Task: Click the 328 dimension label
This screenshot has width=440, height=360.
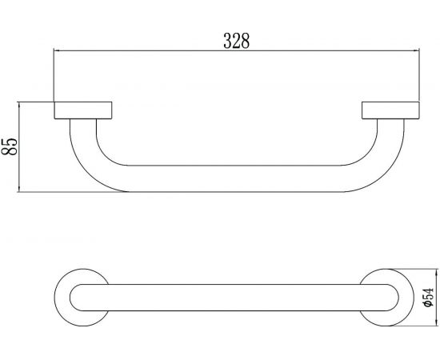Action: [x=236, y=41]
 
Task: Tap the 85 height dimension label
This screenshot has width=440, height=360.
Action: [x=10, y=146]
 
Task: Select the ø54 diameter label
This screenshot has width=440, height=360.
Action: [x=429, y=298]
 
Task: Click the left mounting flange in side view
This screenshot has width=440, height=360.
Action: [x=82, y=110]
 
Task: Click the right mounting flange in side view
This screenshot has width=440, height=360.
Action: [x=390, y=110]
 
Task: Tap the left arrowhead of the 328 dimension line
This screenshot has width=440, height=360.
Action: [x=57, y=50]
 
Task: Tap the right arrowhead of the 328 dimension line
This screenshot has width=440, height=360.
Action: [x=416, y=50]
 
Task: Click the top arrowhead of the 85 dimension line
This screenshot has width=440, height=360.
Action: [x=19, y=106]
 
